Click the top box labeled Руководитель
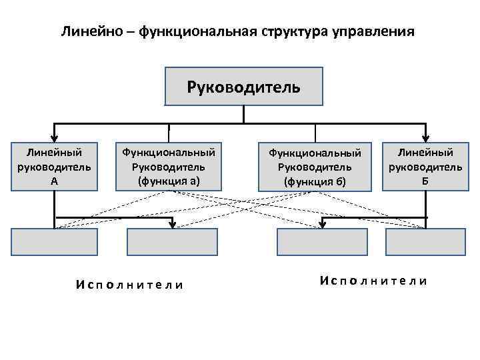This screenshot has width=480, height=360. (x=243, y=87)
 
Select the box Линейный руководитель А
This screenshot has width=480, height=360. (x=54, y=167)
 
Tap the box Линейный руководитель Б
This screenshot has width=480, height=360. (x=425, y=166)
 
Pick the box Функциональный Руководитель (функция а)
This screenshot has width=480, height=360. (x=169, y=167)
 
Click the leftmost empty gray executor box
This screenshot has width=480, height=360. (x=54, y=242)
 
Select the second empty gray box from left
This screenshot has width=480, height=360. (x=169, y=242)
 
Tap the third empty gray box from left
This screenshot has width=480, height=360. (x=322, y=242)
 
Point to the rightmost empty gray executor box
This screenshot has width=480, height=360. (x=425, y=242)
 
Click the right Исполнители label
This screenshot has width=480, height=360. (x=373, y=281)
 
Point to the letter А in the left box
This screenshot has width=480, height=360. (x=54, y=181)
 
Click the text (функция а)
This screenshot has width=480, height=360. (x=169, y=181)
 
